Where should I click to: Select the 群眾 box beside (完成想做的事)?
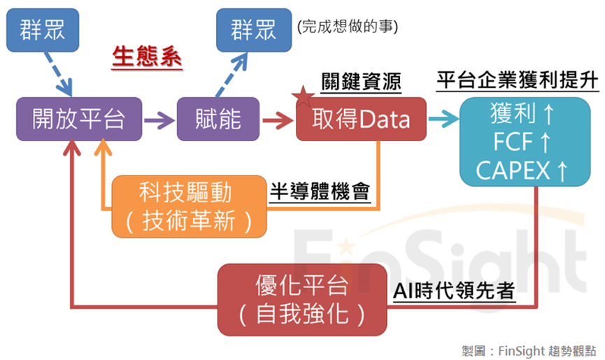(254, 30)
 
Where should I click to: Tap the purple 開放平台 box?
(79, 119)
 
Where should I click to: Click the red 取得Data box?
(361, 119)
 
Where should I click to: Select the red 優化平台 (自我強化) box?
(301, 299)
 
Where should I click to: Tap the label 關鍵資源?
(361, 81)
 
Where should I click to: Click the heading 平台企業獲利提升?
(518, 80)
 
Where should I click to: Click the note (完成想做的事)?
(347, 27)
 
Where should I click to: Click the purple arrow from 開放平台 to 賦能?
(159, 119)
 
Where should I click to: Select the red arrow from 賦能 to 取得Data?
(278, 119)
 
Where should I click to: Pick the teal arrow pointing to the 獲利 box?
(442, 119)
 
